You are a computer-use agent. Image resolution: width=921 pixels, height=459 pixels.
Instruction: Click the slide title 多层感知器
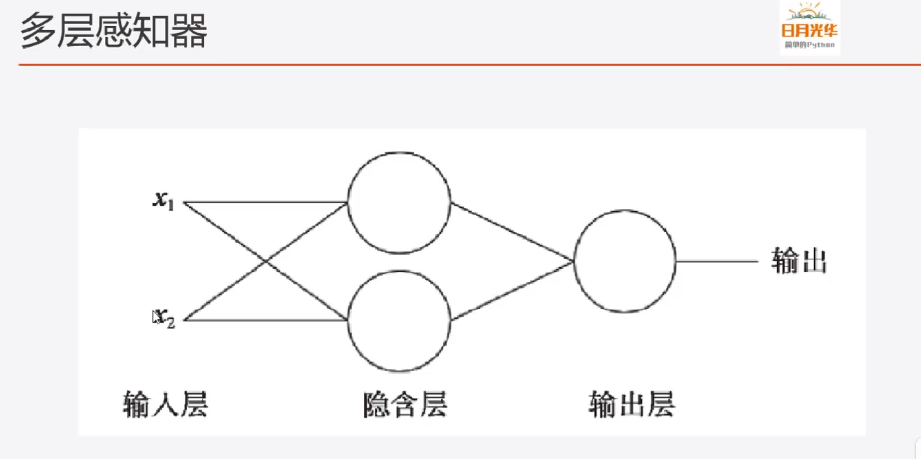[x=113, y=31]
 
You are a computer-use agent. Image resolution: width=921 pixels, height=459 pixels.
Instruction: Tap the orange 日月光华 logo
[x=809, y=31]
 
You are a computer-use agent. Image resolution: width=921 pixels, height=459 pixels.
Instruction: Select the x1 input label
[x=163, y=200]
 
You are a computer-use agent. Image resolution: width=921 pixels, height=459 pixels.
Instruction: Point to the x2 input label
[x=166, y=318]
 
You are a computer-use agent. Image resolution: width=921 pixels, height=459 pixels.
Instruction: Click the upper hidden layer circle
[x=399, y=203]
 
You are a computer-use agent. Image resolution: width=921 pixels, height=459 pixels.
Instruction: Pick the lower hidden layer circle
[x=399, y=321]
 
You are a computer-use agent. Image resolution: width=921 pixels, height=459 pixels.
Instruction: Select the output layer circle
[x=624, y=261]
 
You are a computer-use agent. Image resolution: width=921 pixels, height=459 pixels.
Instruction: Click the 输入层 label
[x=166, y=405]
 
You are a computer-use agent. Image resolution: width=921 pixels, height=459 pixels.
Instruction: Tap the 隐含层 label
[x=405, y=405]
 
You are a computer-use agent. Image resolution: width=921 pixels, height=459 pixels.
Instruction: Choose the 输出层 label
[x=632, y=405]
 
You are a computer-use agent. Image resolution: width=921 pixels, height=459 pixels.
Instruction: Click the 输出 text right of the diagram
[x=799, y=261]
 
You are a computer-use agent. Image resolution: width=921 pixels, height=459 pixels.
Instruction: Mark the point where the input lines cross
[x=265, y=261]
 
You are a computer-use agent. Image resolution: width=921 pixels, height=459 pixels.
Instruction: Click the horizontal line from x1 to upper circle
[x=264, y=202]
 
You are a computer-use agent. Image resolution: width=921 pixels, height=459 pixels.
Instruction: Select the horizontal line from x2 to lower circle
[x=264, y=320]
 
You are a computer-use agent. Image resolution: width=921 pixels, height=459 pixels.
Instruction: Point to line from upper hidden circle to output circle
[x=512, y=232]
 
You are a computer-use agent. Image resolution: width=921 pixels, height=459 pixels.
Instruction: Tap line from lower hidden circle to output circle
[x=512, y=291]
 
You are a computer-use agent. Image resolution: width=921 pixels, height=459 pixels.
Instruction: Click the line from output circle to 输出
[x=717, y=261]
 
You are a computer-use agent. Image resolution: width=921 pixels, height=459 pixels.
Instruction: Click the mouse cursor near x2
[x=155, y=317]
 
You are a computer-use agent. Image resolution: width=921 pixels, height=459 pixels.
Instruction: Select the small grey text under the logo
[x=810, y=45]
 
